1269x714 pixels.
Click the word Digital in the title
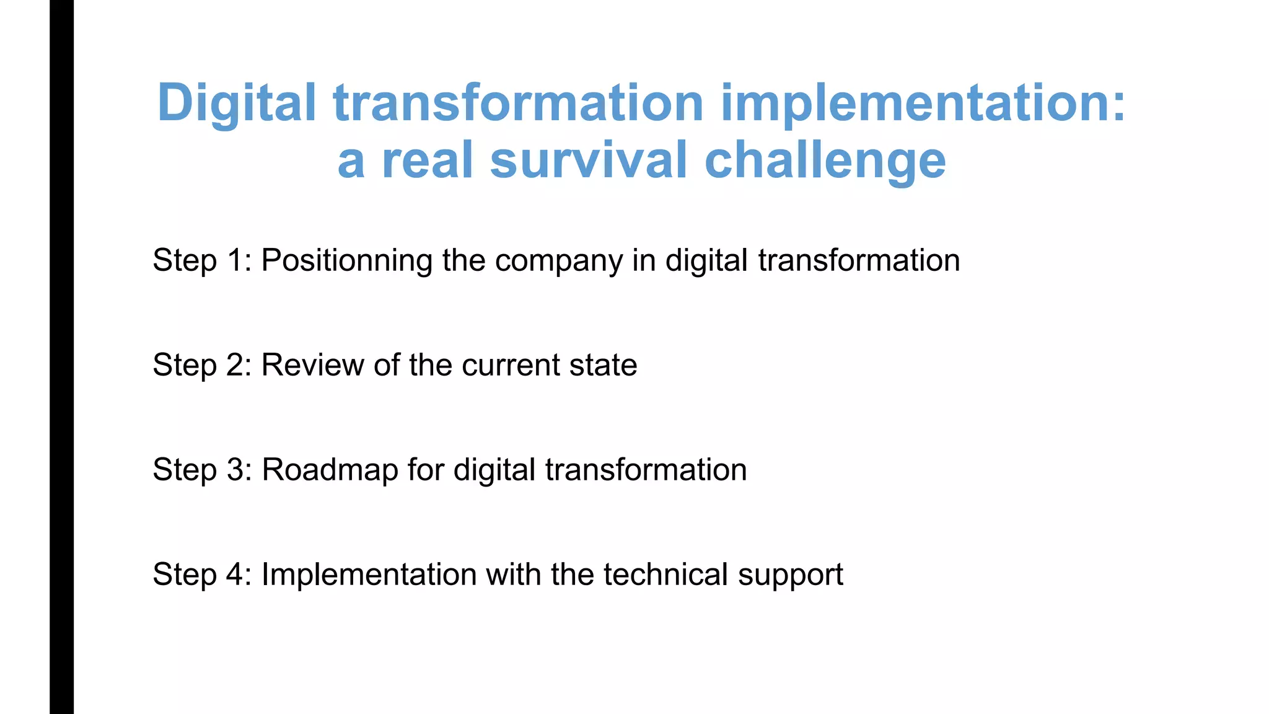(x=237, y=104)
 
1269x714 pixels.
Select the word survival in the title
(x=588, y=160)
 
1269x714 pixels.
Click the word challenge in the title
(x=825, y=160)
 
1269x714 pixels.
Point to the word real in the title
(x=428, y=160)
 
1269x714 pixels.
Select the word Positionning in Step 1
(x=346, y=261)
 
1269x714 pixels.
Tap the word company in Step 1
(x=559, y=261)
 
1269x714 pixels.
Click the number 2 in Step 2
(x=236, y=364)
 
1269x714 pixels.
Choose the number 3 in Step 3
(x=236, y=469)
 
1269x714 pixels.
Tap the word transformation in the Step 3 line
(x=646, y=469)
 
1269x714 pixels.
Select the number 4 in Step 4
(x=236, y=574)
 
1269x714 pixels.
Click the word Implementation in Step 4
(x=369, y=575)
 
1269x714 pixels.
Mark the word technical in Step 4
(x=665, y=574)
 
